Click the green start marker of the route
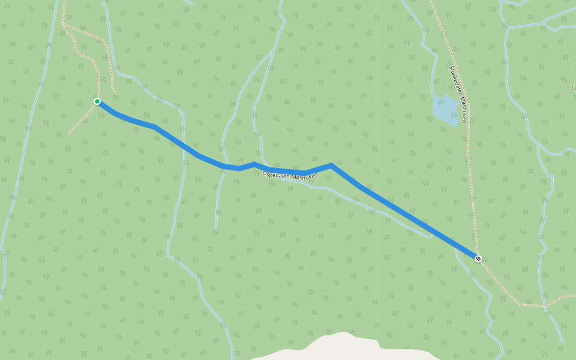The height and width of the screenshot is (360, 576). point(97,101)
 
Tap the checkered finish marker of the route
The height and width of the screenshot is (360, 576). point(478,259)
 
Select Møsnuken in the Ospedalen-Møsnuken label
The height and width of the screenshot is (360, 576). point(304,176)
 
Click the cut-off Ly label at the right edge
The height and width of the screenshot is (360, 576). point(573,88)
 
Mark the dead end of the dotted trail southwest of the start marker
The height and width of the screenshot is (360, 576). point(69,133)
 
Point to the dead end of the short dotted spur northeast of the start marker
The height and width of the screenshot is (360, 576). point(115,93)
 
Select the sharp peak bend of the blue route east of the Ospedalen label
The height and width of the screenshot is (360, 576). point(331,165)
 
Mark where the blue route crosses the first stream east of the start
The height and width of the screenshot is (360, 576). point(182,145)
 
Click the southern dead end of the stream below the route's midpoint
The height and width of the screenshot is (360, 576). point(215,229)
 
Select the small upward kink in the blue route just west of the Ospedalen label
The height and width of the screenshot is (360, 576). point(254,164)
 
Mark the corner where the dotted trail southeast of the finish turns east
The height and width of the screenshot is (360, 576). point(520,305)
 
